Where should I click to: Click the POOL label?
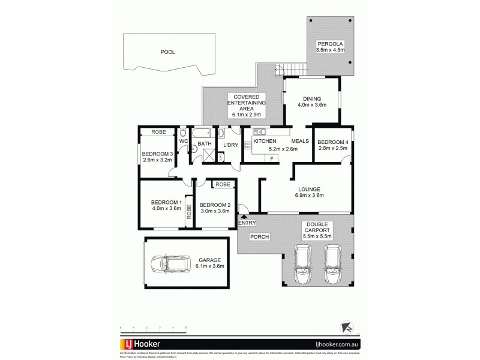(x=167, y=52)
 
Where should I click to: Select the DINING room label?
(x=311, y=99)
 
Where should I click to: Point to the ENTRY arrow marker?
(x=242, y=216)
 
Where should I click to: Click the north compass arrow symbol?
(x=346, y=326)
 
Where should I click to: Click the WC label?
(x=184, y=142)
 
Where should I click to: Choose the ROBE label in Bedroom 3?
(x=158, y=132)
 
